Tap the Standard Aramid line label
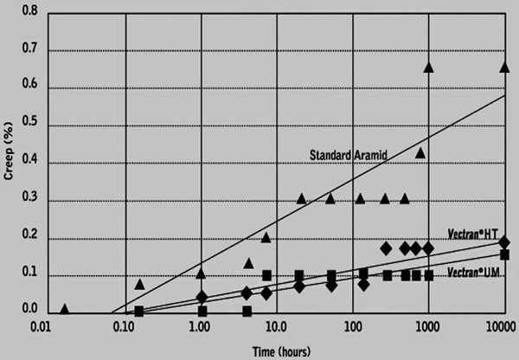348,155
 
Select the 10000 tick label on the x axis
503,327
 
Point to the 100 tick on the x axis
352,327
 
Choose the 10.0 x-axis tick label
276,327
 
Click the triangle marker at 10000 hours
504,67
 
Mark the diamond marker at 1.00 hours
202,297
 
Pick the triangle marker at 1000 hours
428,67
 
